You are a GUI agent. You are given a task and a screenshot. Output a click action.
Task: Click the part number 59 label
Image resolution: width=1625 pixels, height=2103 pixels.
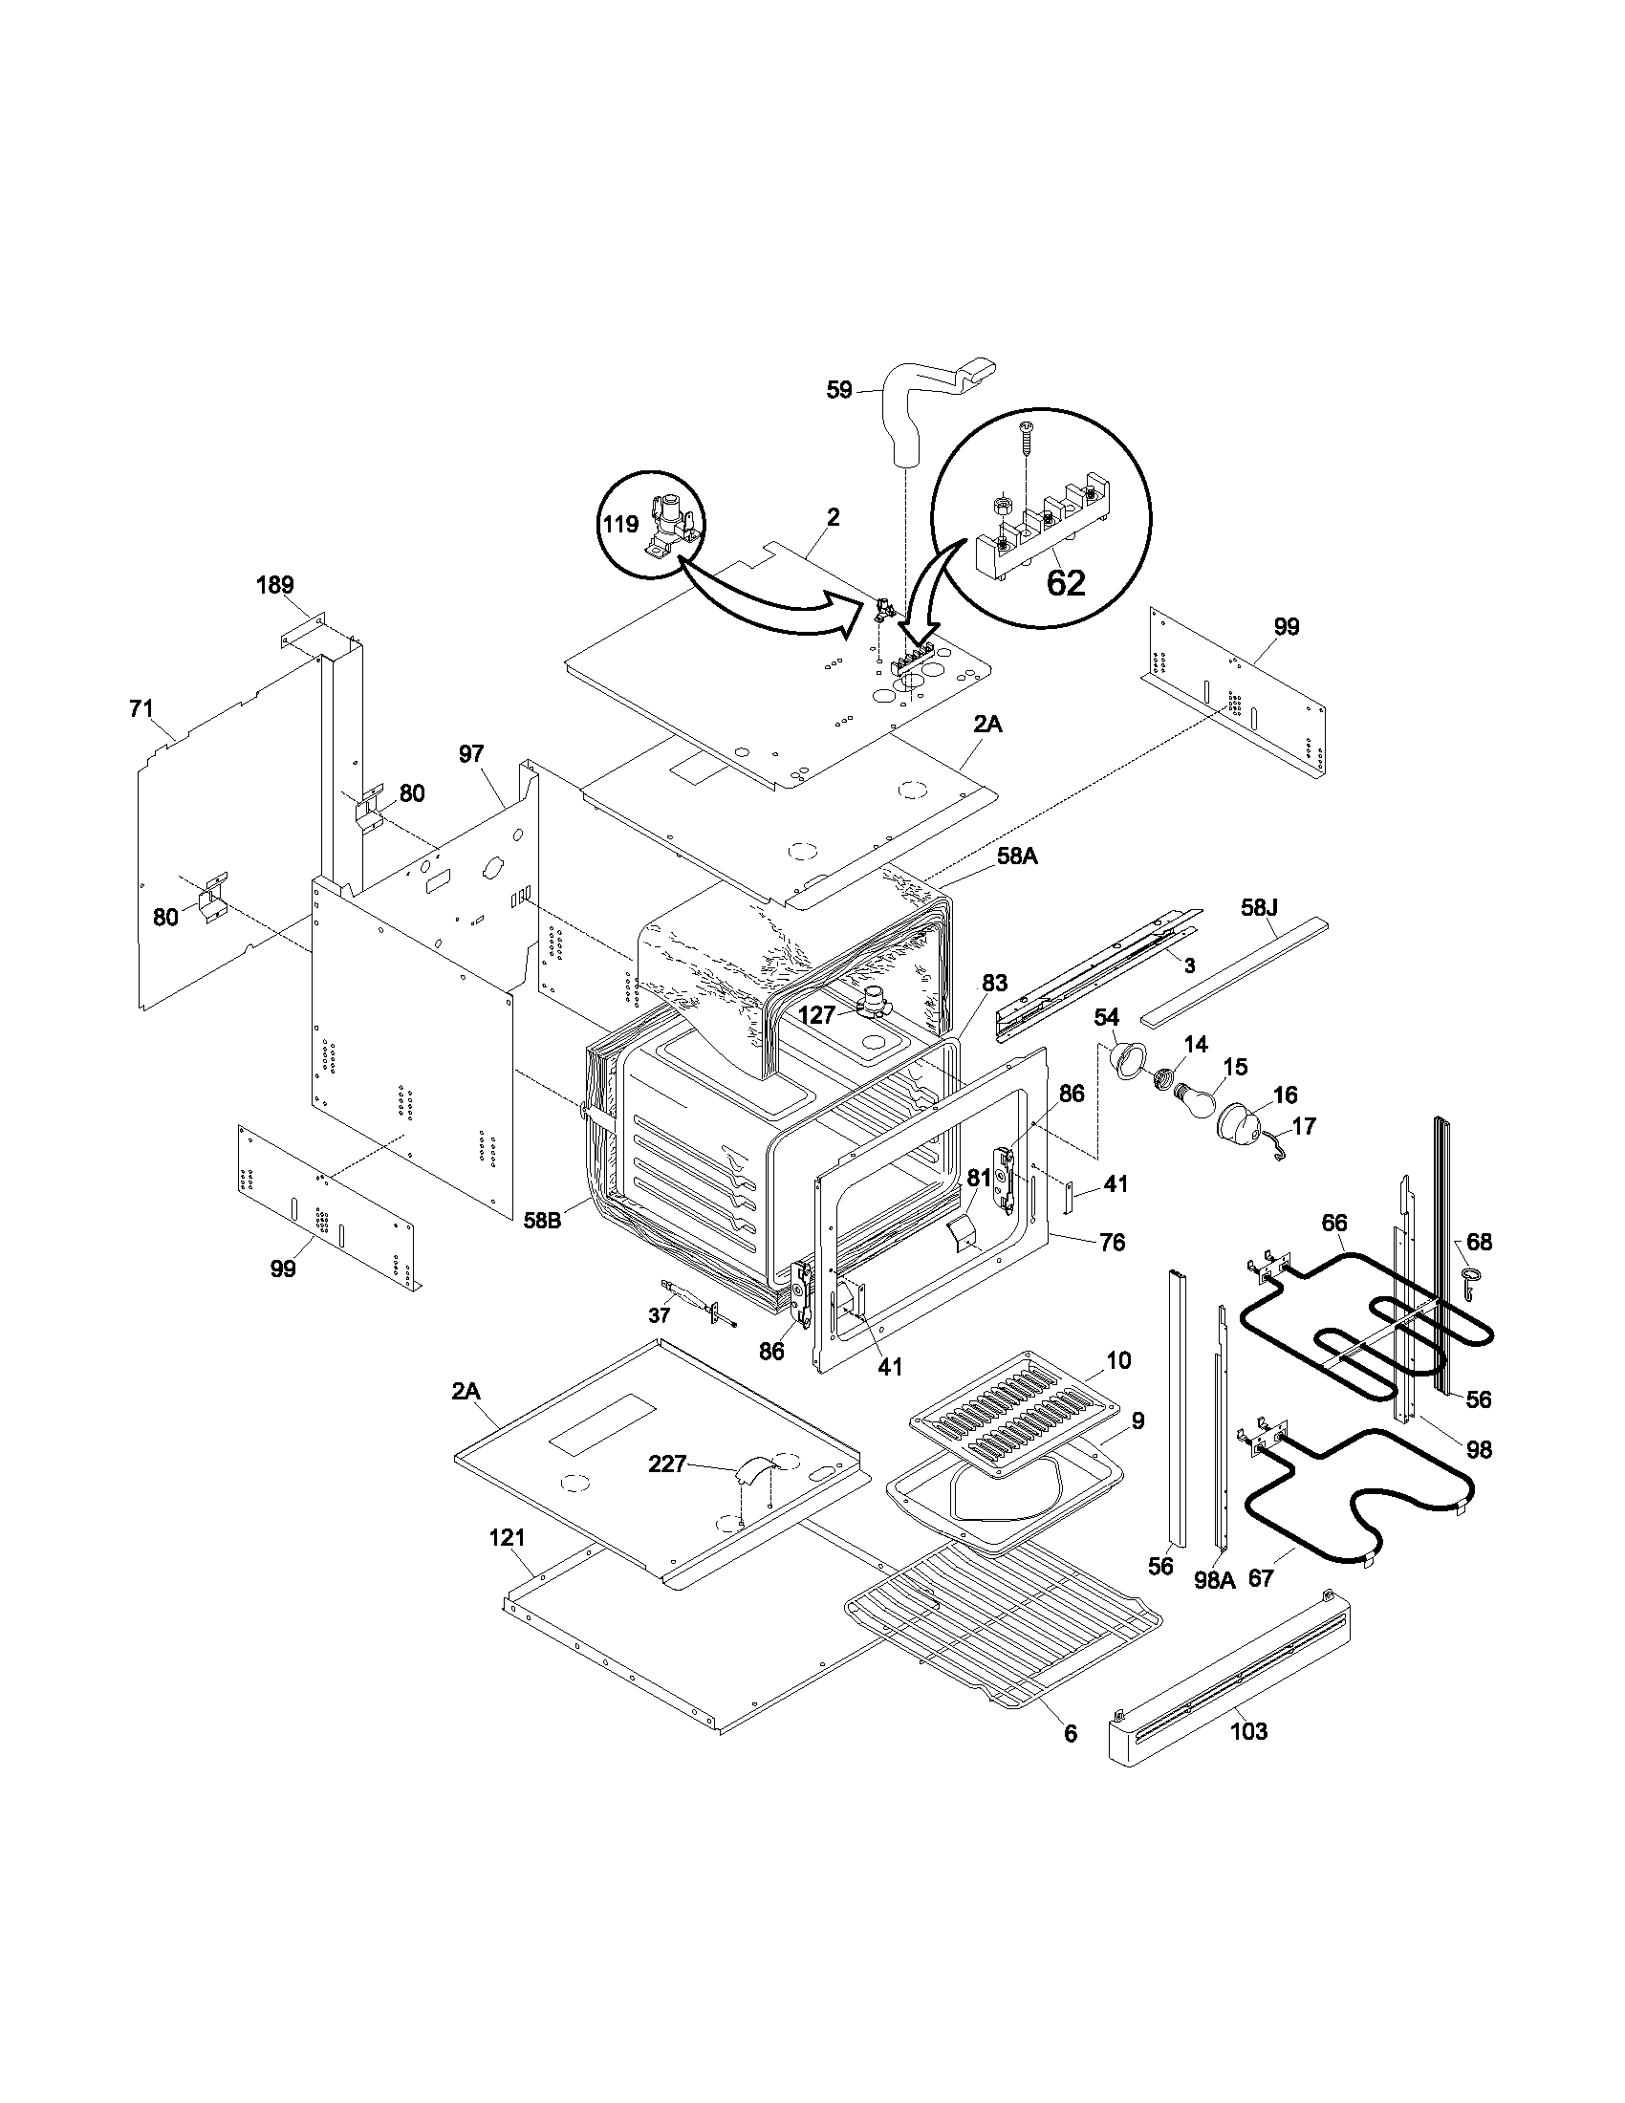[x=839, y=391]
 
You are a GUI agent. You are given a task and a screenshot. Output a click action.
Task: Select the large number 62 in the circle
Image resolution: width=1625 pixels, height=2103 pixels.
[x=1065, y=582]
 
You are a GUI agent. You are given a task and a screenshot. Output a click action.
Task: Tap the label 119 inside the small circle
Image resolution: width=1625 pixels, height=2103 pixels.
[x=621, y=525]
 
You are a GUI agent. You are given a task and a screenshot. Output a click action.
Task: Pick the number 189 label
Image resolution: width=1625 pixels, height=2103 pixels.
[x=275, y=585]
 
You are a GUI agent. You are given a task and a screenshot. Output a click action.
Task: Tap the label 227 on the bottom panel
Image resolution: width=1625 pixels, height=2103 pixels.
[x=667, y=1464]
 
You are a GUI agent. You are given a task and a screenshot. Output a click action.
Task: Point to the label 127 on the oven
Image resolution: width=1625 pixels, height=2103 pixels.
[x=816, y=1015]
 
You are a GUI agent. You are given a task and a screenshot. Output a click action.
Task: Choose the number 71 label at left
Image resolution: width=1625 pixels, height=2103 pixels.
[x=141, y=709]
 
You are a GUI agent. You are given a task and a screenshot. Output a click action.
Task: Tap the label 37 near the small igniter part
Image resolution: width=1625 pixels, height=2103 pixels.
[x=659, y=1315]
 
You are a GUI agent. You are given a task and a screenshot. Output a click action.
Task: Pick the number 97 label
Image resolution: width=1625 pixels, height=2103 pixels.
[x=470, y=754]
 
